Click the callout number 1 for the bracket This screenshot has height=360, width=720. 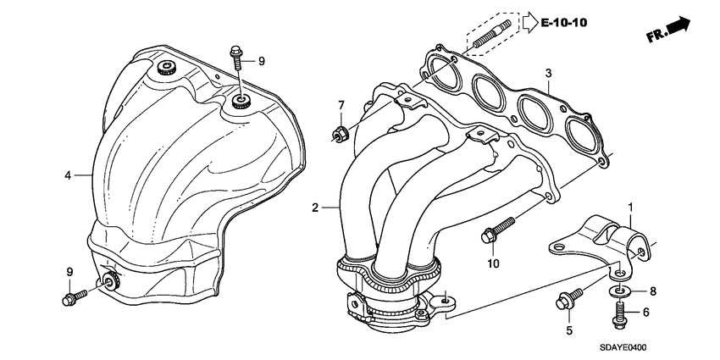(630, 208)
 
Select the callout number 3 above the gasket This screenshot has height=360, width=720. (548, 74)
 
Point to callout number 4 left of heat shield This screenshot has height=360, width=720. (67, 175)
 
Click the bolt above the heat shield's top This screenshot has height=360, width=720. (236, 59)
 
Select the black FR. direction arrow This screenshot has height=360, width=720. (678, 28)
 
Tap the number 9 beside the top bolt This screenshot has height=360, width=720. (262, 61)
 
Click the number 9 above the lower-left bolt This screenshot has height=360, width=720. (70, 271)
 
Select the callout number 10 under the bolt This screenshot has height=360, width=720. (493, 263)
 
